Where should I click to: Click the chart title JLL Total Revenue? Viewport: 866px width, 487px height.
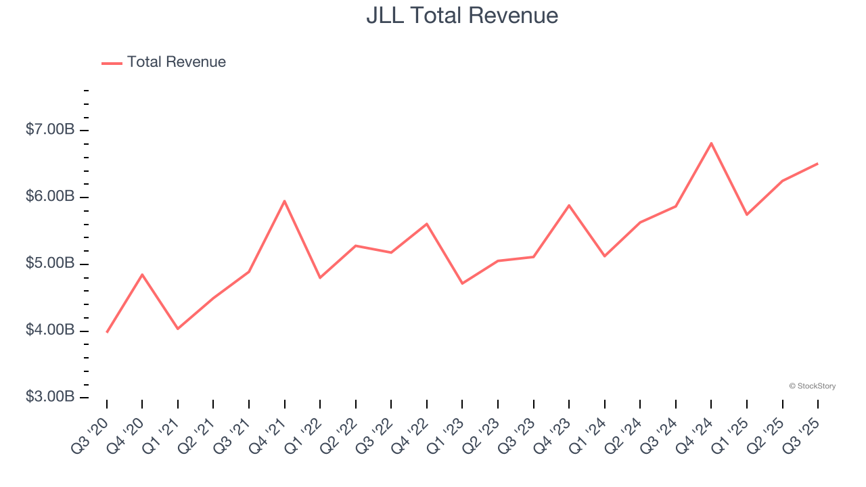pyautogui.click(x=462, y=16)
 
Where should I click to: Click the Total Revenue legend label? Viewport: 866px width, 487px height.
pyautogui.click(x=176, y=62)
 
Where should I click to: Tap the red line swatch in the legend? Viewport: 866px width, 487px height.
pyautogui.click(x=112, y=63)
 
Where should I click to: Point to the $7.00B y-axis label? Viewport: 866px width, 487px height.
pyautogui.click(x=50, y=129)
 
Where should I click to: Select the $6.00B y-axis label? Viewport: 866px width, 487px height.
pyautogui.click(x=50, y=196)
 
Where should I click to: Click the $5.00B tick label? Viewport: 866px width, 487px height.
pyautogui.click(x=50, y=263)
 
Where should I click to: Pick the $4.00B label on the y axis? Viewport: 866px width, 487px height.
pyautogui.click(x=50, y=330)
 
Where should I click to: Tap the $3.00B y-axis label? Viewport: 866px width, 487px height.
pyautogui.click(x=50, y=397)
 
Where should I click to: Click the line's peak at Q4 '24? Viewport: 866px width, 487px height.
pyautogui.click(x=711, y=143)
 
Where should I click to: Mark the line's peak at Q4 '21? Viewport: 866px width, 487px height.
pyautogui.click(x=284, y=201)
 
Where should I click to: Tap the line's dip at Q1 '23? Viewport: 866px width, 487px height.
pyautogui.click(x=462, y=283)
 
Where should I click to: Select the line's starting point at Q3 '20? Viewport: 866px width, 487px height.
pyautogui.click(x=107, y=332)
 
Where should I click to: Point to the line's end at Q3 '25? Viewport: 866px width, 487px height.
pyautogui.click(x=817, y=164)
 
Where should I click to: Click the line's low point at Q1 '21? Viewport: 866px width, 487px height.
pyautogui.click(x=178, y=329)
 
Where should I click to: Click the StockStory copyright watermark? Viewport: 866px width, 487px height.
pyautogui.click(x=812, y=386)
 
